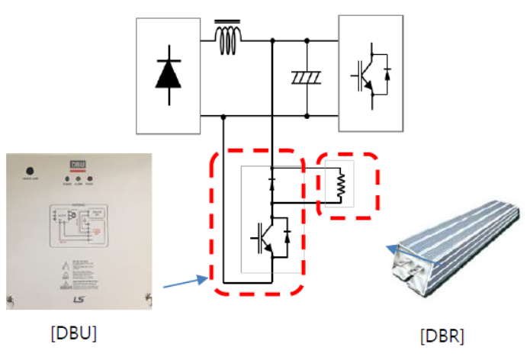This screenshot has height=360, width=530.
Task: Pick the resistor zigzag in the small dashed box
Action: pos(339,183)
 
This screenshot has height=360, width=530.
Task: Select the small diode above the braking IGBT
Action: pos(272,183)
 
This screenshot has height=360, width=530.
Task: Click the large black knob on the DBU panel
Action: pos(31,172)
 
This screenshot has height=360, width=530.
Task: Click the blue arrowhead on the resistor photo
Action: pos(390,248)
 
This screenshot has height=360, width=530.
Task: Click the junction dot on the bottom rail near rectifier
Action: pos(223,117)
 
